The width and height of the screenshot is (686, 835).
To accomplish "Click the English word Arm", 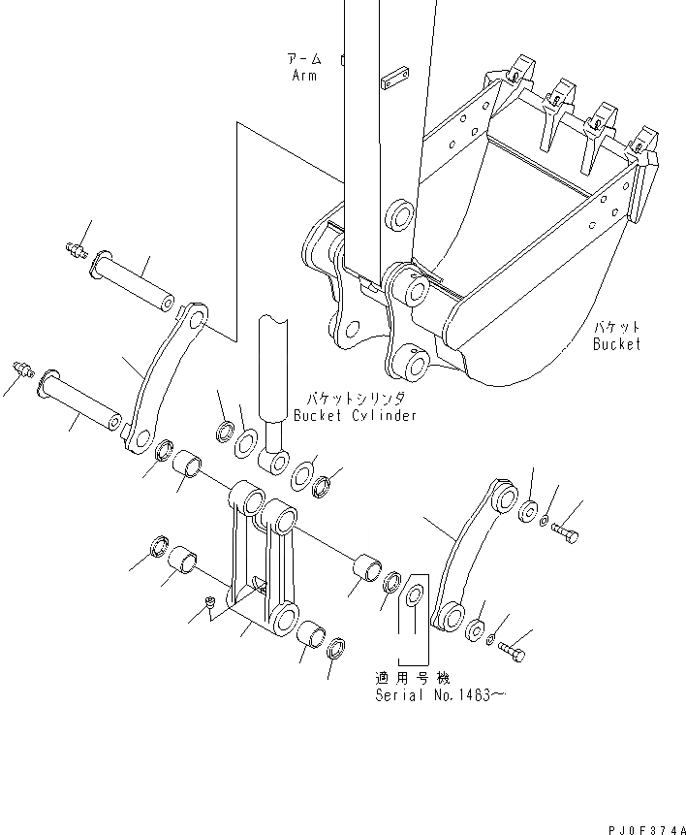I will (303, 76).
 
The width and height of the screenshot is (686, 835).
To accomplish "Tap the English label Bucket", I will (617, 343).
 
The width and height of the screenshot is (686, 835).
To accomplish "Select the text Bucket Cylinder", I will (356, 415).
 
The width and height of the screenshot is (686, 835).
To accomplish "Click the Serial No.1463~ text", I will (439, 695).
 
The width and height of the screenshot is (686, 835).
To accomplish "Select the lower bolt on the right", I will (514, 653).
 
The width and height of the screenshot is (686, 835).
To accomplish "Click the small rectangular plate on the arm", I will (393, 79).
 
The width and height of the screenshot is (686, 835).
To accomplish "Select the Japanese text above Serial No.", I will (413, 677).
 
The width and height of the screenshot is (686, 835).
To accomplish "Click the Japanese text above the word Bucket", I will (617, 328).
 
